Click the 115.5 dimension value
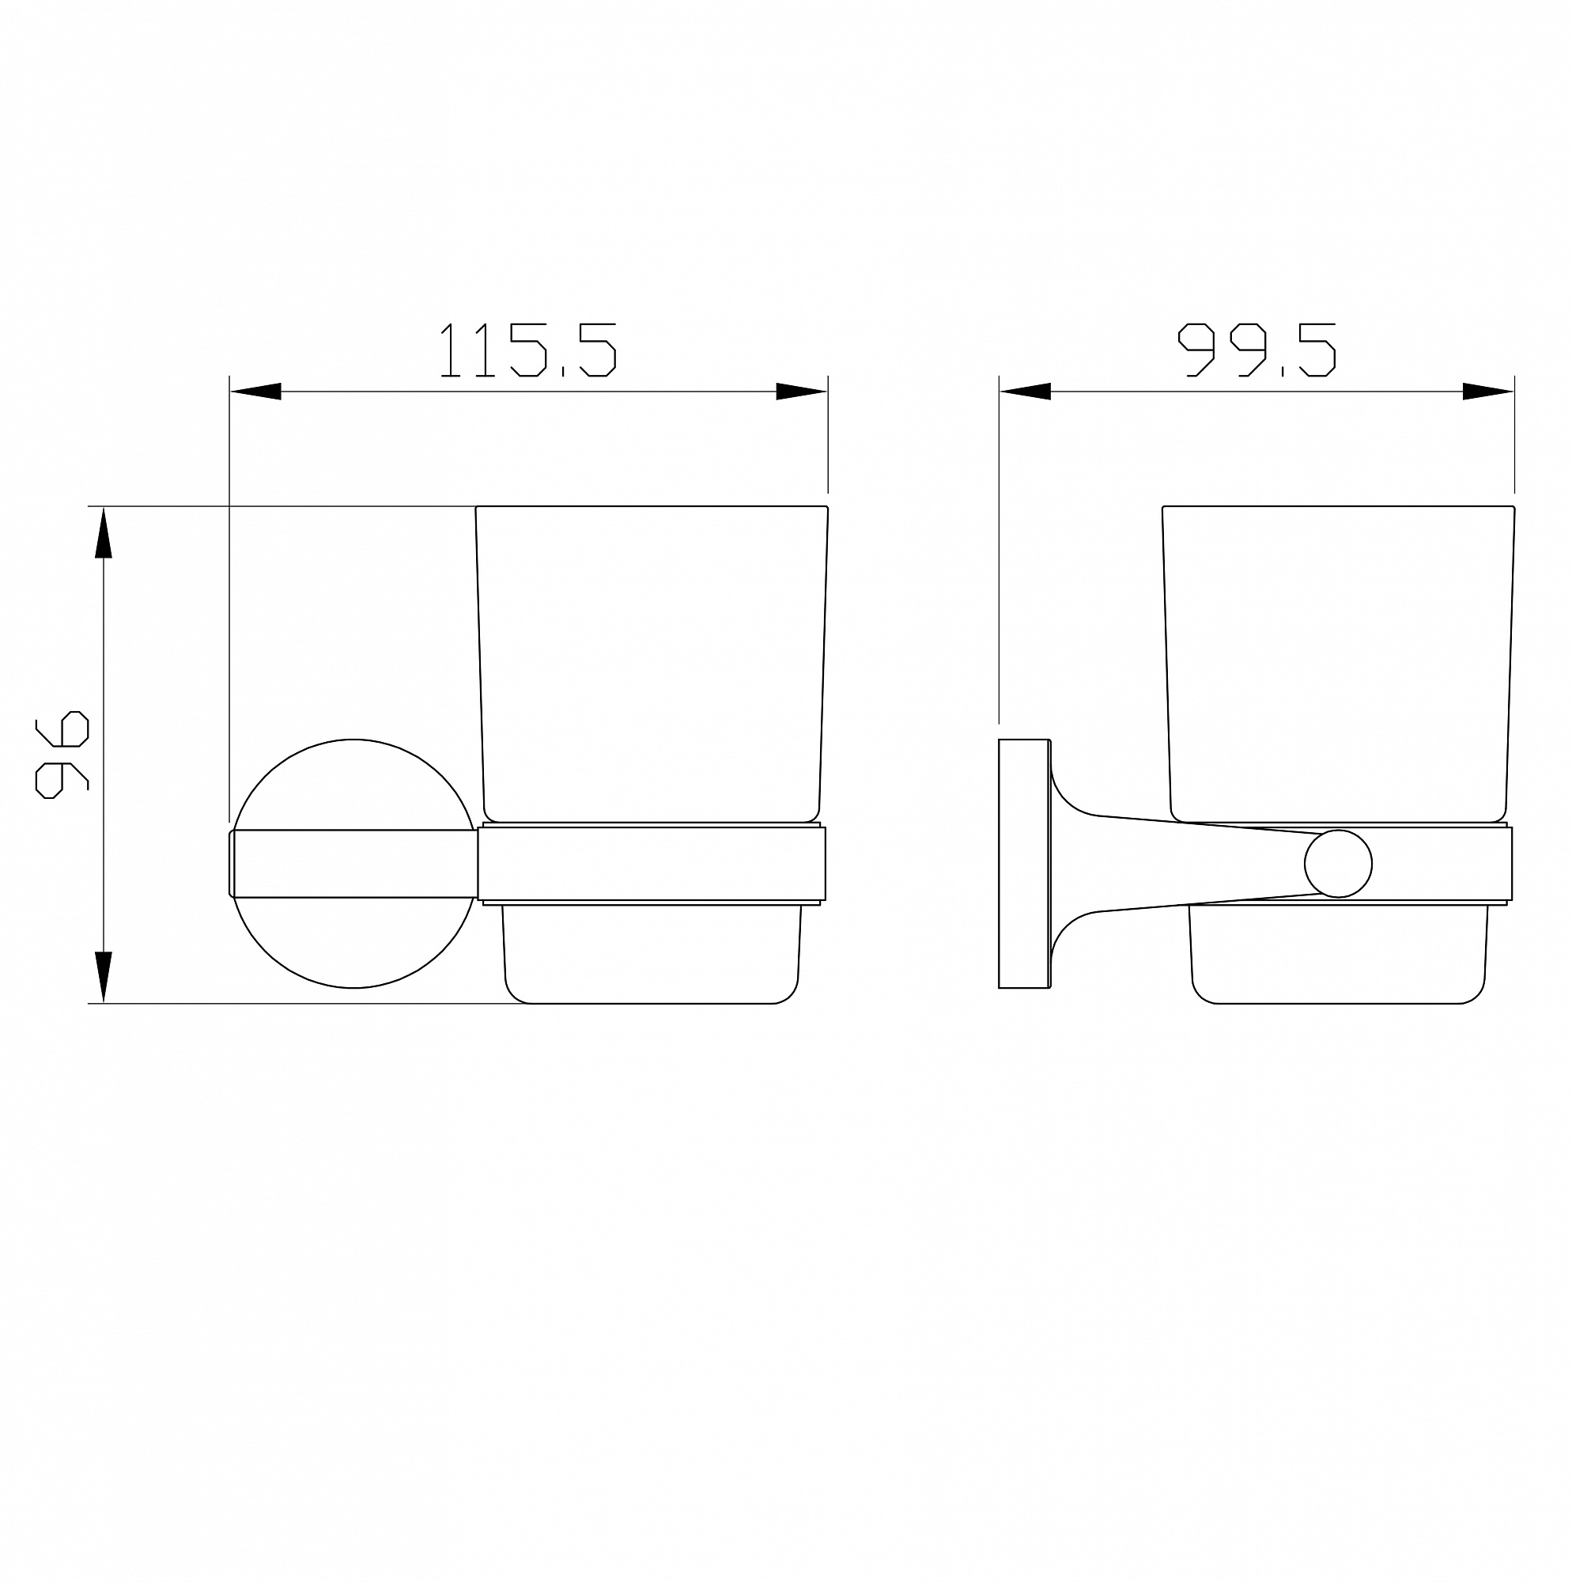click(x=527, y=350)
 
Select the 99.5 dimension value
click(x=1256, y=350)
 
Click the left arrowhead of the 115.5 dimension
click(x=255, y=392)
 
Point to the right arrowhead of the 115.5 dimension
click(x=802, y=392)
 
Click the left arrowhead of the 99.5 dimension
click(x=1025, y=392)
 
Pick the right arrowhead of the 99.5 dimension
click(x=1488, y=392)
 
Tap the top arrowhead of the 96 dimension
click(x=103, y=533)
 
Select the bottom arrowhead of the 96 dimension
click(x=103, y=977)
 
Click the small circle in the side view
click(x=1339, y=864)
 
